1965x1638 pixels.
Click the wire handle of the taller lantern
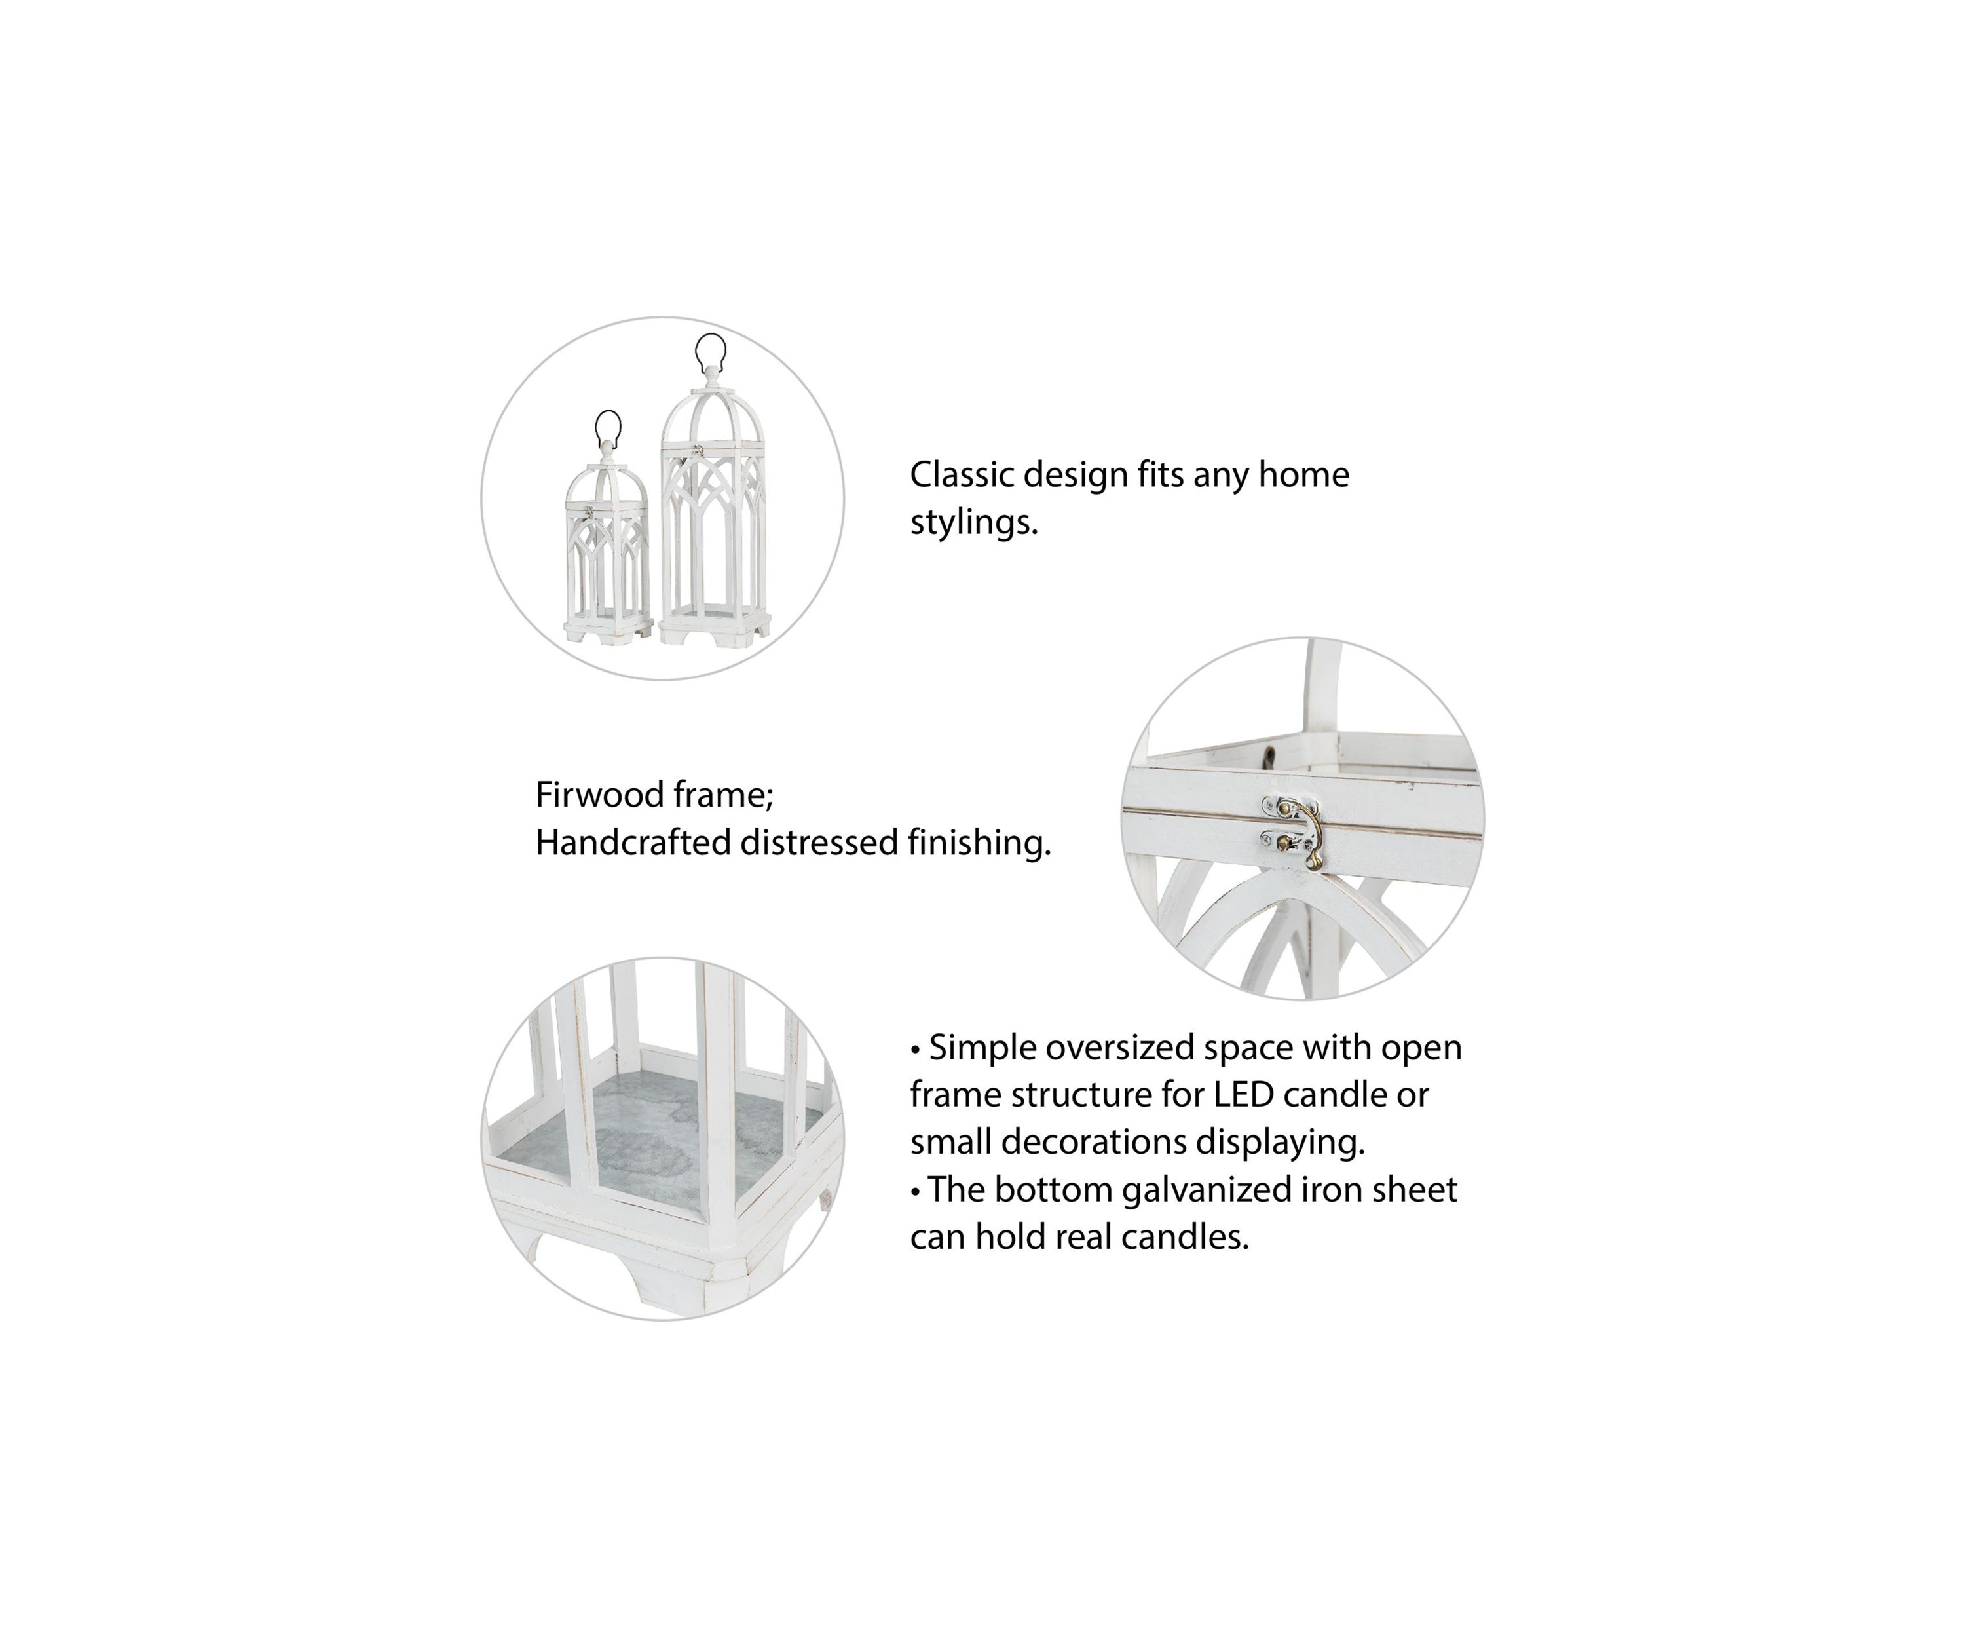pos(710,337)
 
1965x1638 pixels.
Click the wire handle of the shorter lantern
pos(608,413)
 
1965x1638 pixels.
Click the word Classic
pos(962,474)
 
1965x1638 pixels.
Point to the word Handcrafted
pos(633,843)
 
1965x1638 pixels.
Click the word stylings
pos(974,522)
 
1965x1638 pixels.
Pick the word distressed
pos(819,843)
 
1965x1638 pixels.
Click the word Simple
pos(982,1048)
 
